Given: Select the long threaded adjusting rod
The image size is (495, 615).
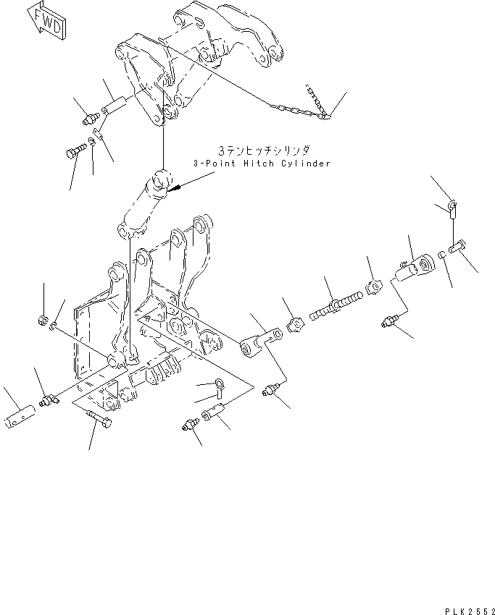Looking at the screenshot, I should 335,303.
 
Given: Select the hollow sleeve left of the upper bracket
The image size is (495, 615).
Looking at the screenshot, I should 115,106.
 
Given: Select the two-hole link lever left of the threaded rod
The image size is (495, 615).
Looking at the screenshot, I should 258,342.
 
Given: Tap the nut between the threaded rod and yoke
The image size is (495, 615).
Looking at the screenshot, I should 373,286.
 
